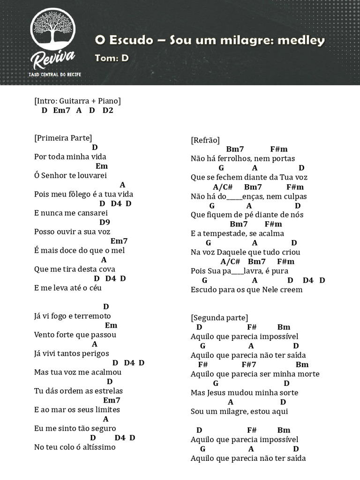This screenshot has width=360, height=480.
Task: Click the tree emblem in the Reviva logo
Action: coord(52,30)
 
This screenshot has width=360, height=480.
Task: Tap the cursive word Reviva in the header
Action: coord(52,60)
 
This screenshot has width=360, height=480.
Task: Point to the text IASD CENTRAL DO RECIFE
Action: coord(54,75)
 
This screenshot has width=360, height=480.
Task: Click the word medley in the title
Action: coord(301,40)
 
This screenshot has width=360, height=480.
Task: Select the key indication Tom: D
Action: coord(112,58)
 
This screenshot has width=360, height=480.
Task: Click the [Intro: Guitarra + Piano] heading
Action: coord(77,101)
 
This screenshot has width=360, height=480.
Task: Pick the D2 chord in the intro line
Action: coord(108,110)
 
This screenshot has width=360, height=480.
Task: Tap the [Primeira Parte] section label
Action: coord(63,138)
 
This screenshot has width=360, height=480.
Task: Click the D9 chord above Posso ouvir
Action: coord(105,222)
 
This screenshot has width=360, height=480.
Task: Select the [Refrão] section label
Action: coord(205,140)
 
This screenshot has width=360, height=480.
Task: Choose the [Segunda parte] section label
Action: coord(220,318)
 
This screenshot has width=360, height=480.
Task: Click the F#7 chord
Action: coord(249,364)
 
